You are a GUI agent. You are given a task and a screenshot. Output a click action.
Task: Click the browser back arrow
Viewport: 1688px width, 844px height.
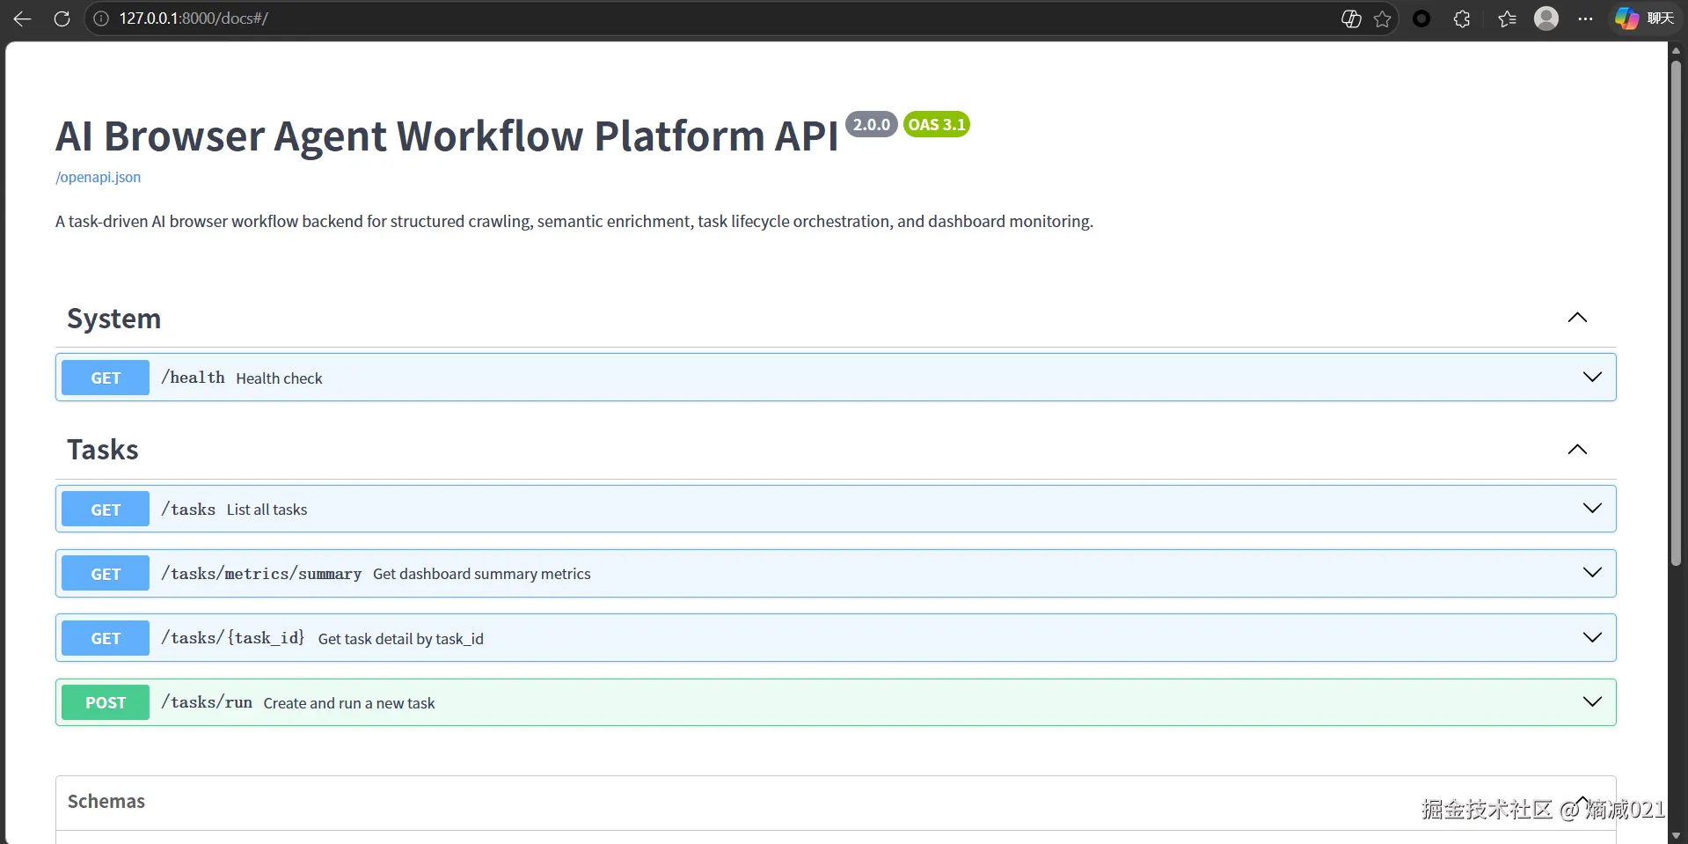pyautogui.click(x=22, y=18)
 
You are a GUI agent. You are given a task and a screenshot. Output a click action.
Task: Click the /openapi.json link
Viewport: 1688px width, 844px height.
pyautogui.click(x=98, y=177)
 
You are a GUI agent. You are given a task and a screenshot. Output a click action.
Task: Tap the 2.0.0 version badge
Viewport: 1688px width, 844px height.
pyautogui.click(x=871, y=124)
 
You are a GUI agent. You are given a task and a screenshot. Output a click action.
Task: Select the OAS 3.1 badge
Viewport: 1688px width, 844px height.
pyautogui.click(x=937, y=124)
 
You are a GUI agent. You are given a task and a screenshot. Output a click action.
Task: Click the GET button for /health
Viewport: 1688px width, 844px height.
pyautogui.click(x=106, y=378)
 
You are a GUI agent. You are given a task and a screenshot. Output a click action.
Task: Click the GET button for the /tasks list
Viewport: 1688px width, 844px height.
pyautogui.click(x=106, y=510)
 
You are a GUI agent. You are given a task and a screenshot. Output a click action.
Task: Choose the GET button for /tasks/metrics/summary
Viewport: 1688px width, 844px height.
pyautogui.click(x=106, y=574)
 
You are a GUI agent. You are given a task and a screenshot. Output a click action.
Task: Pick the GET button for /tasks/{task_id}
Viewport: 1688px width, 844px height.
pyautogui.click(x=106, y=638)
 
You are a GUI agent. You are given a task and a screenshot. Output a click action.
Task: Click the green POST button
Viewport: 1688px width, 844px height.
pyautogui.click(x=106, y=702)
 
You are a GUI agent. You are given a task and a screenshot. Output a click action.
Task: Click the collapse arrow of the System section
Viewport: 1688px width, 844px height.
pyautogui.click(x=1577, y=318)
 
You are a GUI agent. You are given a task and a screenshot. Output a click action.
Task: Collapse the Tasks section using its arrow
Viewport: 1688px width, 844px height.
pyautogui.click(x=1577, y=450)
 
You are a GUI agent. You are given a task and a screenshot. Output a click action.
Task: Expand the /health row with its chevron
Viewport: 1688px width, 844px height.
pyautogui.click(x=1592, y=377)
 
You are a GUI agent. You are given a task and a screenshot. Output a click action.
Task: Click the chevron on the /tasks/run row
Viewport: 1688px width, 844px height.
pyautogui.click(x=1592, y=701)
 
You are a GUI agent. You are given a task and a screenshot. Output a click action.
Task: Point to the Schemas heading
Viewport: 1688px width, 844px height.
pyautogui.click(x=106, y=801)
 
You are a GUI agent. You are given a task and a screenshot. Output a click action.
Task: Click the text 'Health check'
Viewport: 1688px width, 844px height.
pyautogui.click(x=279, y=378)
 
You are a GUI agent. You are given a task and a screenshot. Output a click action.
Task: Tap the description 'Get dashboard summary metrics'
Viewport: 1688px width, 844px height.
pyautogui.click(x=481, y=574)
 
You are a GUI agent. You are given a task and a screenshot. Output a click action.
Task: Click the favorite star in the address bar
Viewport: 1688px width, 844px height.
pyautogui.click(x=1383, y=18)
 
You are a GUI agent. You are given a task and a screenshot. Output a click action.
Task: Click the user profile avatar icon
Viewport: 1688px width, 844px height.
pyautogui.click(x=1546, y=18)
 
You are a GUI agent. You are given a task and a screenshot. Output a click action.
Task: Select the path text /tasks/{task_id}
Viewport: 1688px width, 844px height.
pyautogui.click(x=233, y=638)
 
